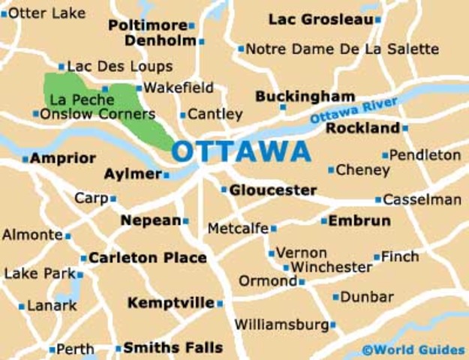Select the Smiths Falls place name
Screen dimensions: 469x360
(x=173, y=348)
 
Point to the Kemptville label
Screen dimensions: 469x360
(x=171, y=303)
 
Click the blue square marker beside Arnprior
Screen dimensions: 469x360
(x=25, y=159)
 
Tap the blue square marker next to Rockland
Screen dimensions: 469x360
(x=405, y=128)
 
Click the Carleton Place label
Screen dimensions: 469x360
(x=147, y=258)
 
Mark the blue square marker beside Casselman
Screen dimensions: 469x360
(x=378, y=200)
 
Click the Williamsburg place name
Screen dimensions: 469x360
(x=281, y=325)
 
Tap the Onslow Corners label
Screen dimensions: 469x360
(x=98, y=114)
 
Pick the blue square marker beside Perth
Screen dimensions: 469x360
(x=52, y=349)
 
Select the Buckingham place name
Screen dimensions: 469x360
(x=305, y=97)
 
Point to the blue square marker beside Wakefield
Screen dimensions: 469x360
(x=139, y=88)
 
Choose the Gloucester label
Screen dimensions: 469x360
(x=272, y=190)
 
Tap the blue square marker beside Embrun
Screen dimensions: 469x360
(x=323, y=221)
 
